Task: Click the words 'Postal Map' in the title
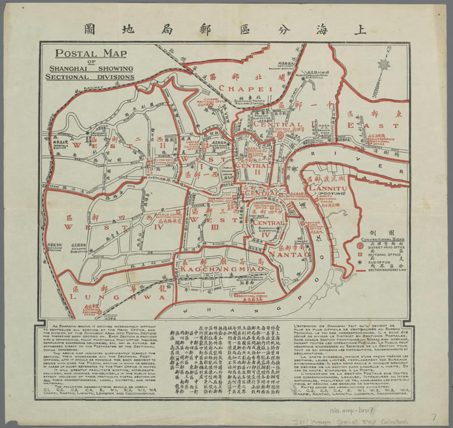(x=90, y=54)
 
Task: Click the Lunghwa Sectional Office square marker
(x=98, y=311)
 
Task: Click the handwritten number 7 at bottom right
(x=433, y=416)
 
